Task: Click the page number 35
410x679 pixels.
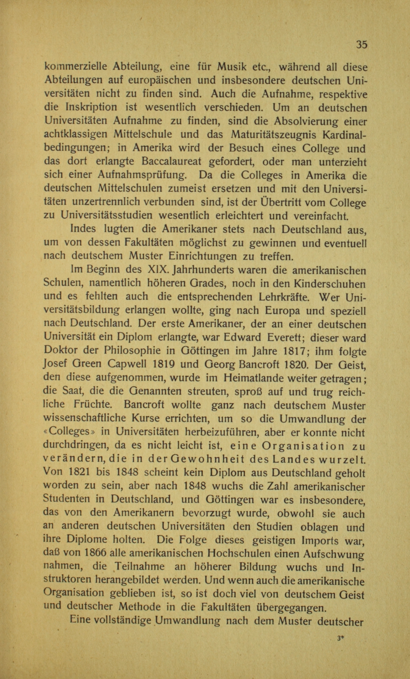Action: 361,44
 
